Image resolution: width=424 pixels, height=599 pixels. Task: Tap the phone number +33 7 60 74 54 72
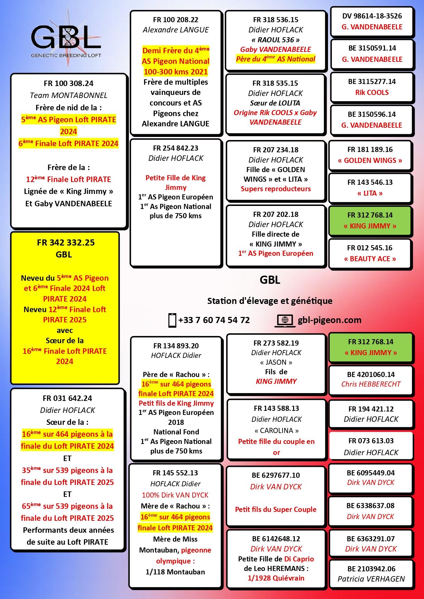[x=214, y=320]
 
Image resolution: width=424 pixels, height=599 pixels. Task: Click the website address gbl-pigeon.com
[x=329, y=320]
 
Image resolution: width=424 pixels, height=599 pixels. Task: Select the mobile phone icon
[x=172, y=320]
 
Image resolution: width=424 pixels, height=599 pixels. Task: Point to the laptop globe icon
[x=285, y=320]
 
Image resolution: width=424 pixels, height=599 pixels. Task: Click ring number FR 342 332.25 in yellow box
[x=66, y=243]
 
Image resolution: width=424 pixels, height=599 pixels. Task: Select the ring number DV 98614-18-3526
[x=372, y=16]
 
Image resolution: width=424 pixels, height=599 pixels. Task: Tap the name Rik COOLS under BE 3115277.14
[x=372, y=93]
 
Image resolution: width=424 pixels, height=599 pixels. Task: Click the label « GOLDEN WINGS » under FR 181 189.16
[x=370, y=161]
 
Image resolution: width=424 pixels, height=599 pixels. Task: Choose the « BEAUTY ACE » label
[x=370, y=259]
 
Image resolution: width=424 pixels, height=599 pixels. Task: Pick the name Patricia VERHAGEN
[x=371, y=579]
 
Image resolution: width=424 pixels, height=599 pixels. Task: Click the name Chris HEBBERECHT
[x=371, y=384]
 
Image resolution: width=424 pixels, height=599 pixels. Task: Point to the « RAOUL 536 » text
[x=275, y=40]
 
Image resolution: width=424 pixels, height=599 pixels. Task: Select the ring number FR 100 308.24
[x=68, y=84]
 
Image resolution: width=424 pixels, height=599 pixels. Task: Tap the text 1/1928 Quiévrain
[x=276, y=578]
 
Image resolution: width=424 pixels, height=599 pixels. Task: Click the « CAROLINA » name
[x=276, y=431]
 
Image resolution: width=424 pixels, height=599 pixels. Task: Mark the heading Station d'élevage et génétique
[x=270, y=301]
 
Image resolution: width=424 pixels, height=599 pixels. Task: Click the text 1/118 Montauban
[x=175, y=572]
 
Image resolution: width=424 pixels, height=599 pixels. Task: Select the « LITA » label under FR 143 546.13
[x=370, y=193]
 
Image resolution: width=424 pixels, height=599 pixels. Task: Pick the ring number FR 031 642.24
[x=67, y=399]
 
